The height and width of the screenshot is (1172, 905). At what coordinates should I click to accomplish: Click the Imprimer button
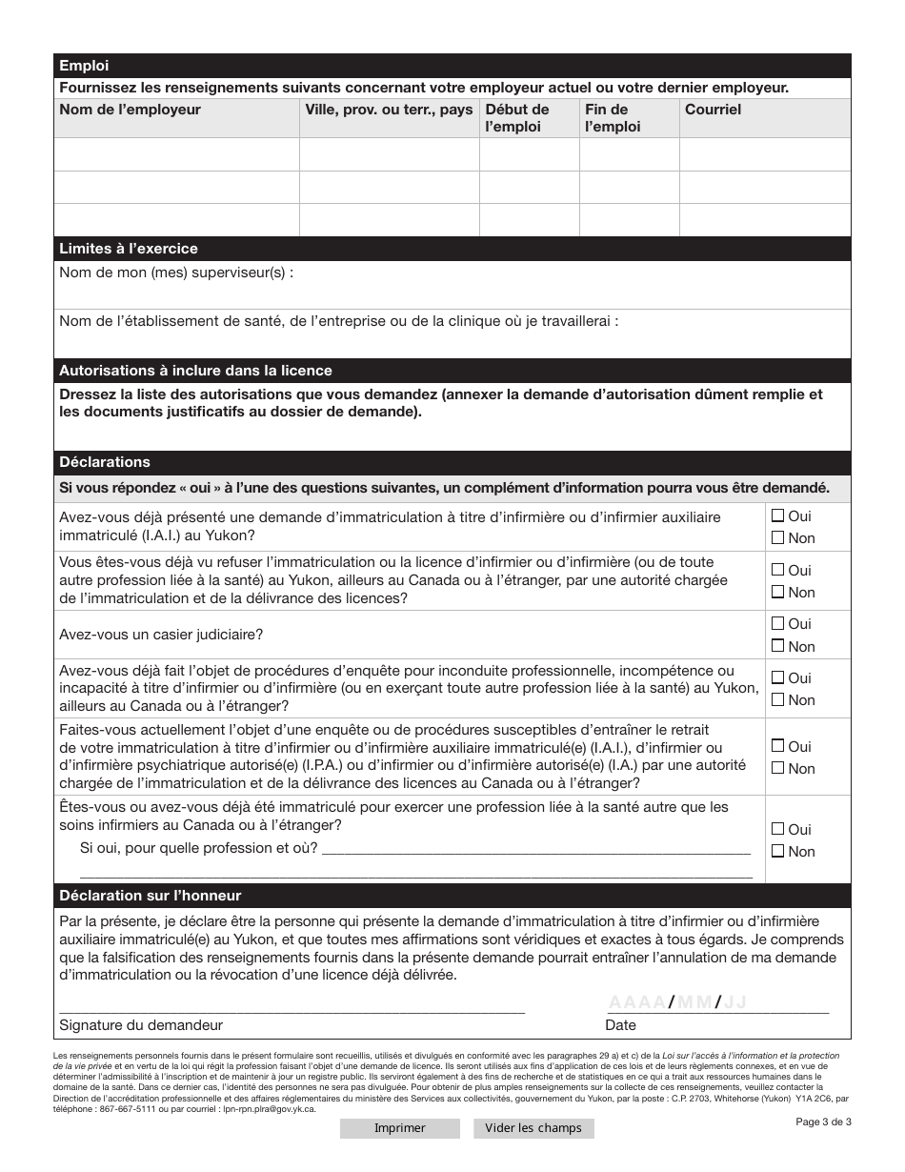tap(399, 1128)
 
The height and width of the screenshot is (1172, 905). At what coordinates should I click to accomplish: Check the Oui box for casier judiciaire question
tap(777, 624)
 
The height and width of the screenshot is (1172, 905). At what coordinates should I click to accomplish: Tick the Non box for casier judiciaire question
tap(777, 646)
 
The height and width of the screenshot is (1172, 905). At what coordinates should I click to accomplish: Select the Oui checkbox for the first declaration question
tap(777, 515)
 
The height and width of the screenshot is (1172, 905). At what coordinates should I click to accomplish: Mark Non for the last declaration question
tap(777, 851)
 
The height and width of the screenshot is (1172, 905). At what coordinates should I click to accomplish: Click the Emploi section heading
tap(85, 66)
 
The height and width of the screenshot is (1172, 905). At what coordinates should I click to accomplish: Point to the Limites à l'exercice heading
tap(129, 249)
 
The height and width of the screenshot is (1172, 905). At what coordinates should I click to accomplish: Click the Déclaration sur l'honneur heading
tap(151, 896)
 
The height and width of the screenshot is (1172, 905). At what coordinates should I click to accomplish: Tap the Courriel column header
tap(713, 110)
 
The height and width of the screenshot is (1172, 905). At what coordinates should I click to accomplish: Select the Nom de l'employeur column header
tap(131, 110)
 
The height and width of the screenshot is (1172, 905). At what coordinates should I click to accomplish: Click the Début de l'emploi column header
tap(517, 118)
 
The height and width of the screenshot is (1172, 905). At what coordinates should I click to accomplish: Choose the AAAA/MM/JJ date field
tap(677, 1001)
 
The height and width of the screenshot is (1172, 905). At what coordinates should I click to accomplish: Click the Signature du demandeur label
tap(141, 1025)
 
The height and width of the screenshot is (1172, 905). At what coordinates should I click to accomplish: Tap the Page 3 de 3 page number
tap(823, 1121)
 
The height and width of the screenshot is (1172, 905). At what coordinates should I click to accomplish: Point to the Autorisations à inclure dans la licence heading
tap(195, 371)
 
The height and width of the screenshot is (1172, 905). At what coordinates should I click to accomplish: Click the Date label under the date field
tap(620, 1025)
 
